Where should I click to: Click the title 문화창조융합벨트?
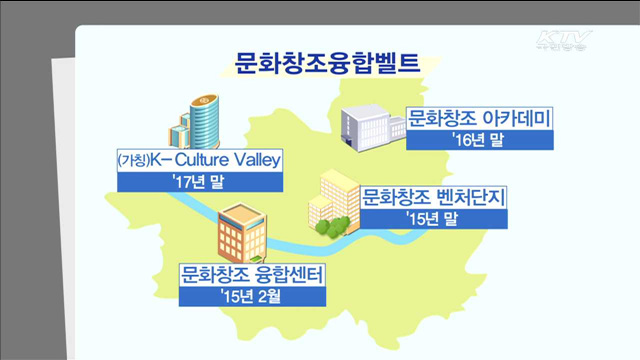pyautogui.click(x=320, y=63)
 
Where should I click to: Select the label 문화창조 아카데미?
pyautogui.click(x=480, y=119)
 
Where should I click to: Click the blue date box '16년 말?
pyautogui.click(x=480, y=140)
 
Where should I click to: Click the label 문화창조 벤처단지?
pyautogui.click(x=433, y=194)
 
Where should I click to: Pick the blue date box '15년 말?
pyautogui.click(x=433, y=216)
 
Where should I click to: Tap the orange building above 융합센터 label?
pyautogui.click(x=239, y=233)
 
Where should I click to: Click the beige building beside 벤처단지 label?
pyautogui.click(x=328, y=198)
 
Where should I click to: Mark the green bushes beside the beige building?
pyautogui.click(x=329, y=225)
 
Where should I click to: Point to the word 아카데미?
pyautogui.click(x=513, y=119)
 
